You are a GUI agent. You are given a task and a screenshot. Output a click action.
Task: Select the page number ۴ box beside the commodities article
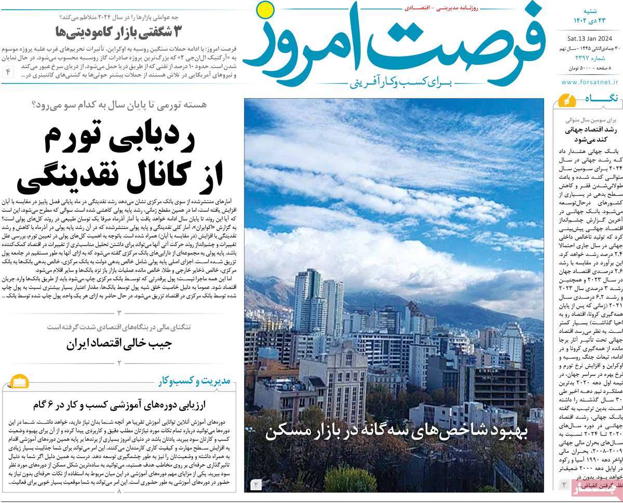9,72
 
